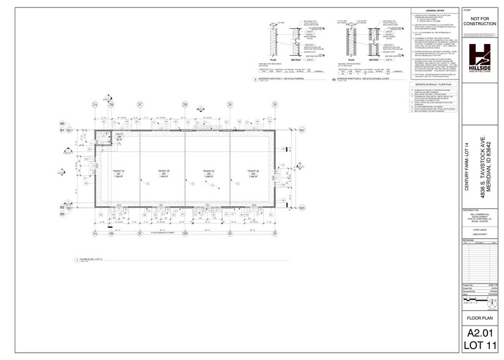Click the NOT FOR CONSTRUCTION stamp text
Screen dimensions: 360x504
point(482,23)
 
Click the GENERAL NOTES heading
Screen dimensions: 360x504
point(435,11)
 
